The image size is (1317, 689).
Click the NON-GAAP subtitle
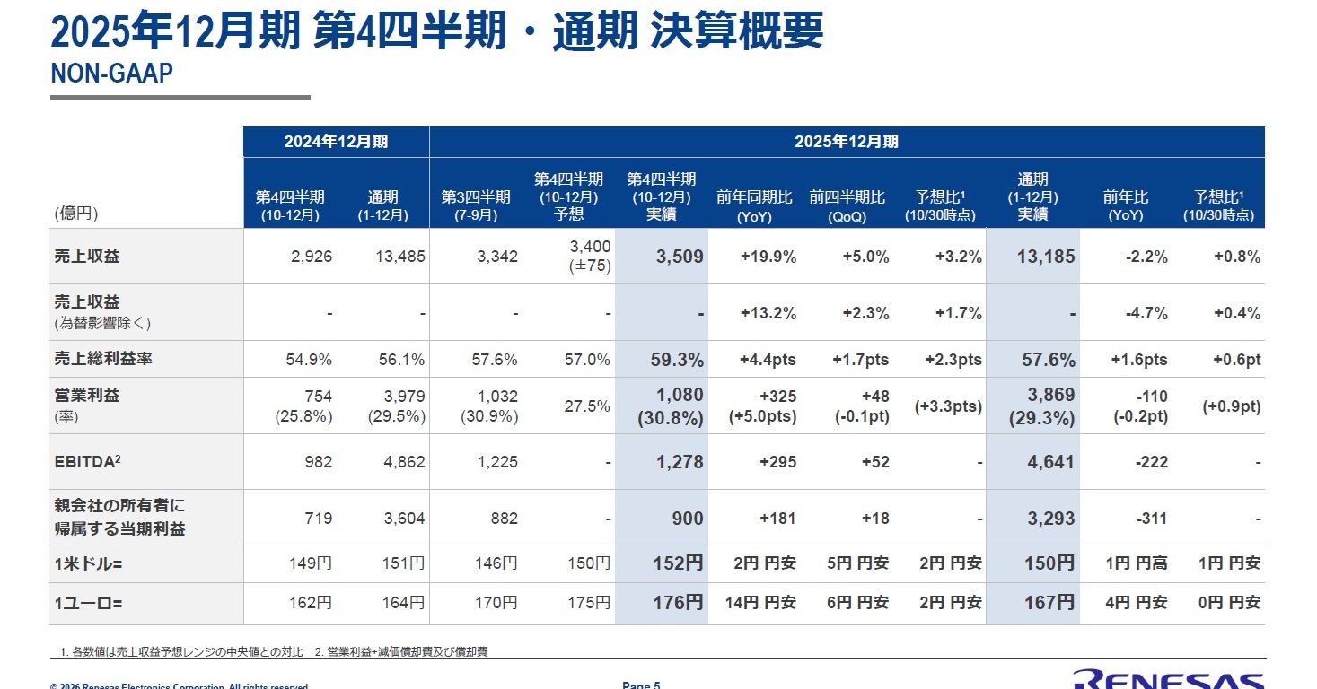pos(111,74)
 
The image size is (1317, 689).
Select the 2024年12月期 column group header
pos(336,142)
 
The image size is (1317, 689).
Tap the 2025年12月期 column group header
pos(846,142)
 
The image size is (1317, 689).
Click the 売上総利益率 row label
pos(103,359)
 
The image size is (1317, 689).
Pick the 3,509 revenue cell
pos(680,257)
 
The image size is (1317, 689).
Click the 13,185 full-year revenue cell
pos(1045,257)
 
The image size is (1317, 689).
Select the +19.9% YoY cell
pos(768,257)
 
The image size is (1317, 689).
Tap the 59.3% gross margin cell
pos(677,360)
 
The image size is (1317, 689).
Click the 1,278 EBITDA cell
pos(680,462)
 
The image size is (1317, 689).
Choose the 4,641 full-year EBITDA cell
pos(1050,462)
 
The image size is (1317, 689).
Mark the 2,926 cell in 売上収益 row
pos(312,257)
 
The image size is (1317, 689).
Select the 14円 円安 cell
pos(764,603)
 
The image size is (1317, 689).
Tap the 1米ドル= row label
pos(87,563)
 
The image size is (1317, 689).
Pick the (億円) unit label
pos(76,214)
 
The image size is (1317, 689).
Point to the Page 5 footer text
pos(641,685)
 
